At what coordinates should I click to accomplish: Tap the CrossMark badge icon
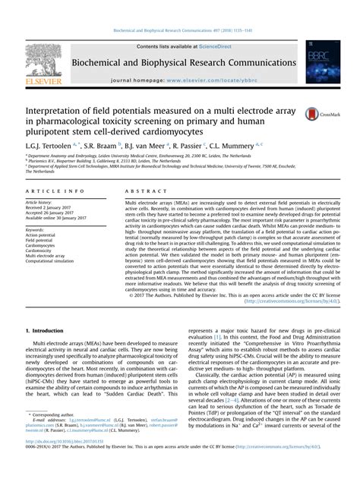313,113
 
